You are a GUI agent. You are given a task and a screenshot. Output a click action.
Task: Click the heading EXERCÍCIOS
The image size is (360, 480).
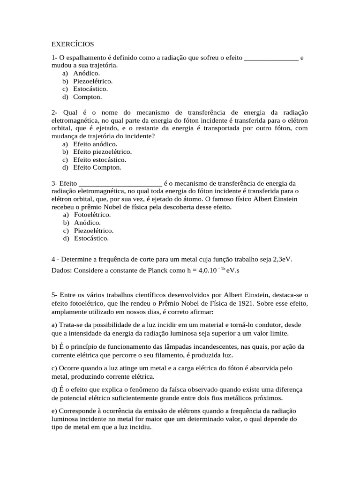pyautogui.click(x=73, y=44)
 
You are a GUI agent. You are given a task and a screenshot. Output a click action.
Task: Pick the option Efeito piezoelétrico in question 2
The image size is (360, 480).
pyautogui.click(x=102, y=152)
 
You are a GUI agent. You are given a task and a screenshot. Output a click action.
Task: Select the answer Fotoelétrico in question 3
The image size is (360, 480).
pyautogui.click(x=92, y=215)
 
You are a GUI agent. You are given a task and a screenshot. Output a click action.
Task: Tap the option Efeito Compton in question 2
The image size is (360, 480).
pyautogui.click(x=97, y=167)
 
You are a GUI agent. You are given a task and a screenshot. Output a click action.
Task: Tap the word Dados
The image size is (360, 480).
pyautogui.click(x=61, y=271)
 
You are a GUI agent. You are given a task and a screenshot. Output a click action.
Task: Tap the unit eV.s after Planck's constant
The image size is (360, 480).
pyautogui.click(x=233, y=271)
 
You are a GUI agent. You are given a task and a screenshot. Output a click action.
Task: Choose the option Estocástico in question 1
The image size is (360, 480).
pyautogui.click(x=90, y=89)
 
